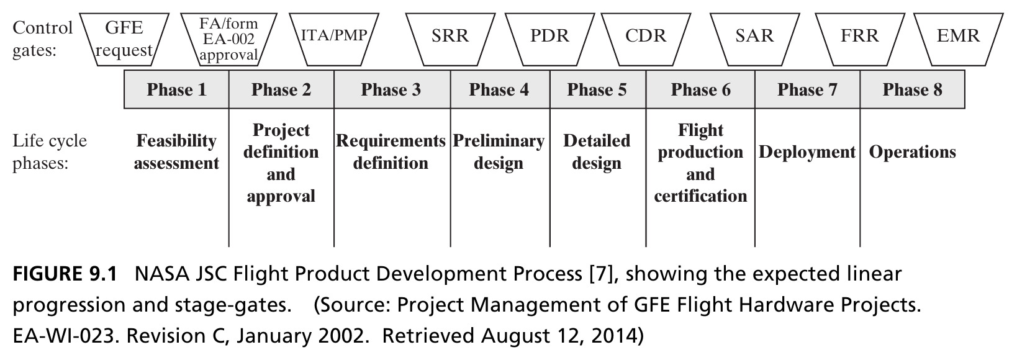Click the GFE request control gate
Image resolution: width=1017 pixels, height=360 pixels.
point(124,40)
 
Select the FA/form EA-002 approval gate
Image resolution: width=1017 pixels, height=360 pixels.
point(228,40)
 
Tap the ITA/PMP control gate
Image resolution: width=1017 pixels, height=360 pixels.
point(333,40)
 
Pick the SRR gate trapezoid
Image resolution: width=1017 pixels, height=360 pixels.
point(450,40)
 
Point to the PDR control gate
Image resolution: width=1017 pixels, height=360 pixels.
point(549,40)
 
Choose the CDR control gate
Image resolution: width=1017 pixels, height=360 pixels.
point(646,40)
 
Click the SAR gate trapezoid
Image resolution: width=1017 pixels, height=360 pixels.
point(754,40)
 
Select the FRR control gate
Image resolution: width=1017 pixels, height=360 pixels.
point(860,40)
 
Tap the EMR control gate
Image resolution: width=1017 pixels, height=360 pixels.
point(958,40)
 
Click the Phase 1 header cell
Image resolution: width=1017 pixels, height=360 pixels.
point(176,89)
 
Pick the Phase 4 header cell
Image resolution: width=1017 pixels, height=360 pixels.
point(500,89)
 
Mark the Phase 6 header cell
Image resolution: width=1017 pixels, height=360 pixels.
point(700,89)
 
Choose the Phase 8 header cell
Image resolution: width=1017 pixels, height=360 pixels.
point(912,89)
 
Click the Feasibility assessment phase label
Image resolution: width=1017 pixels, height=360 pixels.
point(176,151)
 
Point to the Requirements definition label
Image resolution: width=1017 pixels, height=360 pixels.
point(391,151)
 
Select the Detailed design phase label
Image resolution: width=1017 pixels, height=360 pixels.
point(597,151)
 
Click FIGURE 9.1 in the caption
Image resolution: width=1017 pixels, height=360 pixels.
point(65,274)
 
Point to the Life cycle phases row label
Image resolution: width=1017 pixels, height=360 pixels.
point(50,151)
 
